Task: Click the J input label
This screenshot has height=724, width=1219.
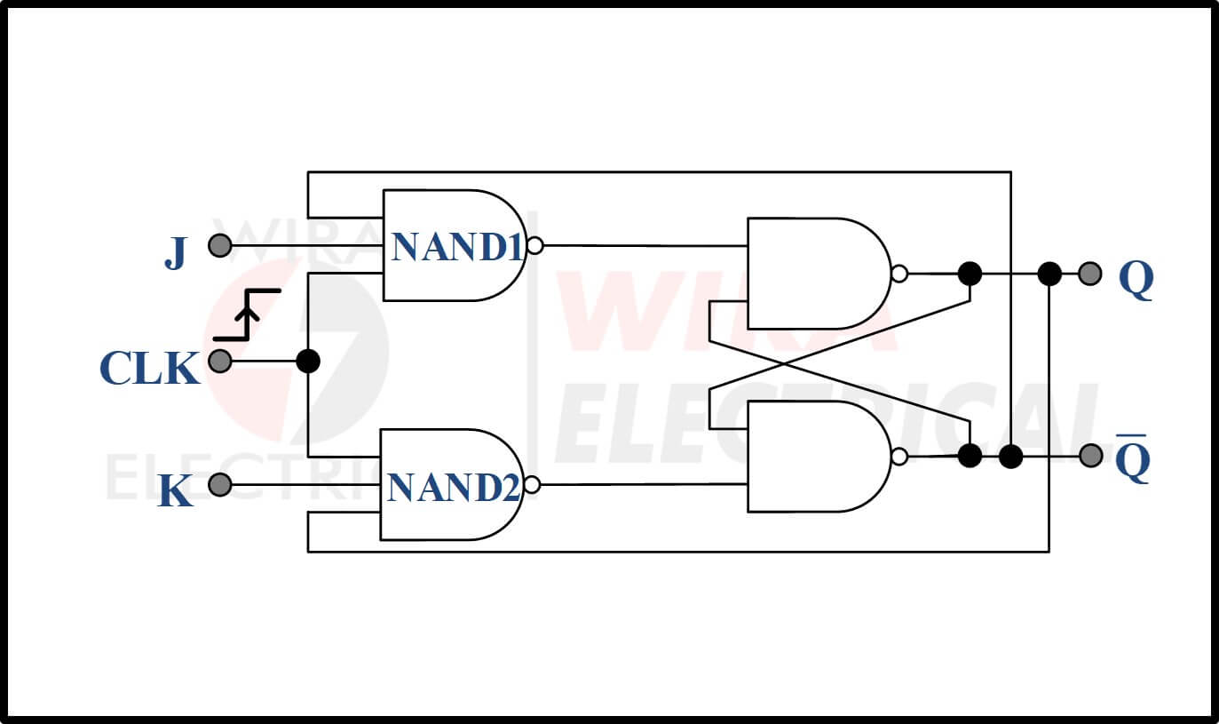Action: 176,253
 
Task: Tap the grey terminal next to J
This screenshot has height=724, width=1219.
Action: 220,245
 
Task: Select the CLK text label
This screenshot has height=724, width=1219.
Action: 150,368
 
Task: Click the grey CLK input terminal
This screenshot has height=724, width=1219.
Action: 220,361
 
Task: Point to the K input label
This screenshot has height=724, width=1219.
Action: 175,491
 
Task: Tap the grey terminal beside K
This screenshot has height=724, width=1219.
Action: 220,484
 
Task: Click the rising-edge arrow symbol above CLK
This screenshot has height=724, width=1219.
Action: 247,315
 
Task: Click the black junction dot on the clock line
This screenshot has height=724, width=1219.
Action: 308,362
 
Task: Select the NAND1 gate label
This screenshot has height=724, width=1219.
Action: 456,247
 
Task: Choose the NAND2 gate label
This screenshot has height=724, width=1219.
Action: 454,487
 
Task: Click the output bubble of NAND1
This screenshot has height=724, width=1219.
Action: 535,245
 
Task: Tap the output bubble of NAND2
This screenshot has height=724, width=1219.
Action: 532,484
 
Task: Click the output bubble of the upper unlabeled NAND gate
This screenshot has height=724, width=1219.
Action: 899,274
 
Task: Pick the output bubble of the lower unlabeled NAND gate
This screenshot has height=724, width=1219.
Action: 899,457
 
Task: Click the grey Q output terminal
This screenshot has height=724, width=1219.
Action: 1090,274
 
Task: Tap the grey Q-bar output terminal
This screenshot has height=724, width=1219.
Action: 1090,456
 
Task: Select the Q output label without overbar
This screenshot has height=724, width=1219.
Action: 1136,279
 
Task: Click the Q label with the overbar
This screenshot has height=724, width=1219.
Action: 1133,458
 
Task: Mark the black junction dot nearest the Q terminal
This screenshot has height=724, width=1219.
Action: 1049,274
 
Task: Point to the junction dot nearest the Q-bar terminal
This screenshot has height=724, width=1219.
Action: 1011,457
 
